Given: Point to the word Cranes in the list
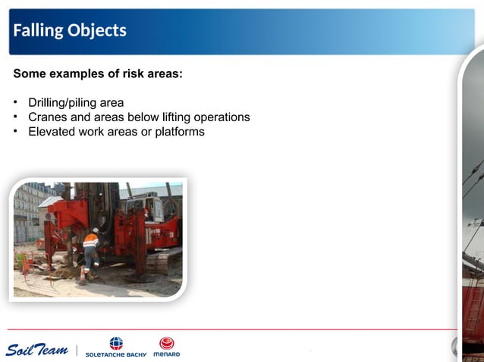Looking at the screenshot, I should [x=48, y=117].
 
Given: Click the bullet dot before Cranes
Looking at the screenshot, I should [x=16, y=117].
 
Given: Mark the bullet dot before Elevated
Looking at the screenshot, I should [x=16, y=132].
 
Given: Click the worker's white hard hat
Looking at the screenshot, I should [x=95, y=230].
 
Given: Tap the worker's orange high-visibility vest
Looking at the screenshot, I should [x=91, y=242].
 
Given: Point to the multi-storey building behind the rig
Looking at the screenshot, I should [x=29, y=208].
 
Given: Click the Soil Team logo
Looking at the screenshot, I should [x=36, y=349].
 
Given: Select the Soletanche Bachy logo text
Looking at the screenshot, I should [x=115, y=354].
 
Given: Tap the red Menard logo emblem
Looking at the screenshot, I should [x=166, y=343].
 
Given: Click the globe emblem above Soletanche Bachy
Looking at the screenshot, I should [x=116, y=343].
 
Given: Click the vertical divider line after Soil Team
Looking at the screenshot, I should [x=76, y=349].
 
